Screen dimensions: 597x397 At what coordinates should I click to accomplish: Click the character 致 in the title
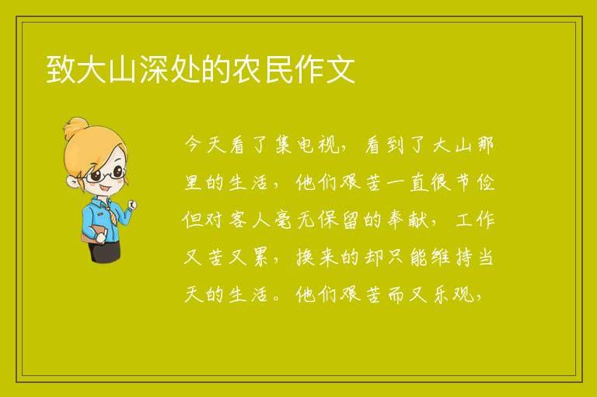61,69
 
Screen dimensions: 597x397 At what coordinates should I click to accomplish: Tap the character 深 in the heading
154,69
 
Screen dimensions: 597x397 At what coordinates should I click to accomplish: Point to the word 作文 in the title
326,69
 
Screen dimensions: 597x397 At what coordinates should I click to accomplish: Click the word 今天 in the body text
205,146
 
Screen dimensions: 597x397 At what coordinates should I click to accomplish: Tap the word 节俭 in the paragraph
475,182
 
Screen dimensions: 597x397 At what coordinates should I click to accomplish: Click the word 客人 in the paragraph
250,220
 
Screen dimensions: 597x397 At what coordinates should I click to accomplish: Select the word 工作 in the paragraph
475,220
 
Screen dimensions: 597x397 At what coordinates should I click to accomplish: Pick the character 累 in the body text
260,257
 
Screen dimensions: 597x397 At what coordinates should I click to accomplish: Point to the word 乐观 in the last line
453,294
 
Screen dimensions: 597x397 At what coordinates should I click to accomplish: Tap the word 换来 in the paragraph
317,257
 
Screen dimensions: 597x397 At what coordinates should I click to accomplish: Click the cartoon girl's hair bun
76,127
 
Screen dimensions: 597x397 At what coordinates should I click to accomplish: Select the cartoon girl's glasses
104,174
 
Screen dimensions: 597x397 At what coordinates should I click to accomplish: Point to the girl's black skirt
104,251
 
